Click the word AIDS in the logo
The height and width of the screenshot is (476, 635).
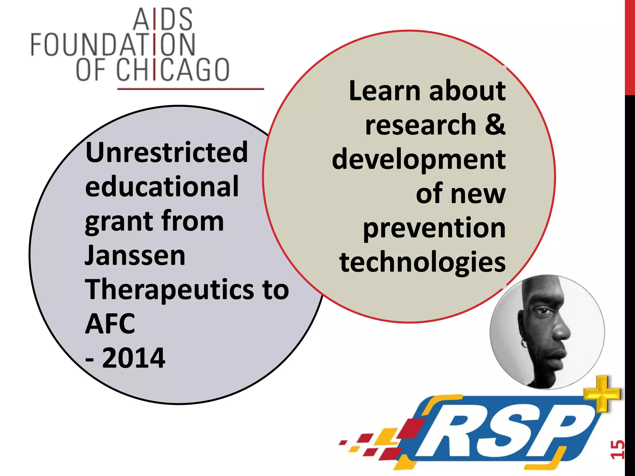(x=163, y=20)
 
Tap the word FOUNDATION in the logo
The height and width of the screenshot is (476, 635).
(x=113, y=45)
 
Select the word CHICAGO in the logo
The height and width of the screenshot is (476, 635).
(x=173, y=70)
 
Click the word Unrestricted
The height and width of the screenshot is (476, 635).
(x=167, y=152)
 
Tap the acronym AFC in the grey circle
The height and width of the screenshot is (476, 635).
(x=110, y=324)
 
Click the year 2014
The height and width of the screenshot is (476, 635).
(x=133, y=358)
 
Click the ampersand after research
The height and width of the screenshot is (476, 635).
(x=495, y=125)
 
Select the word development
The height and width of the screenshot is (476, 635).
(x=419, y=160)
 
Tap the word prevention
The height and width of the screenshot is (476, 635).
(x=434, y=228)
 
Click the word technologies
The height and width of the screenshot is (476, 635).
(x=422, y=262)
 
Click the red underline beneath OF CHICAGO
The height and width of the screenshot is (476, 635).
(x=190, y=89)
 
